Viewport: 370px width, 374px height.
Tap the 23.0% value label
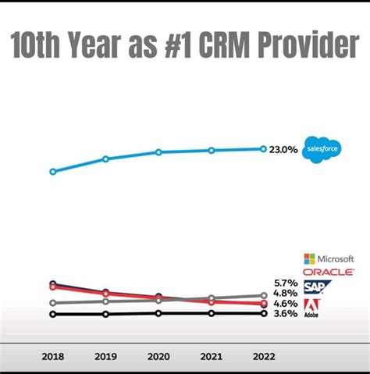(283, 149)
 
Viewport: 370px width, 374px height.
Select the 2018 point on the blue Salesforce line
(52, 171)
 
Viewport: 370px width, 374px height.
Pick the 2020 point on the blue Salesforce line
(158, 152)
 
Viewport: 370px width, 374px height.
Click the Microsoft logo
(329, 258)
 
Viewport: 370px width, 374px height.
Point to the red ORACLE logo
(329, 272)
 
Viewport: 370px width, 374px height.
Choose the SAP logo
(312, 287)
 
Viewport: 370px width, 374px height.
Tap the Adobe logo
(311, 308)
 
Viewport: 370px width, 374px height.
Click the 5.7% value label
(286, 283)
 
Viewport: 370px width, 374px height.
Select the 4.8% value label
(286, 293)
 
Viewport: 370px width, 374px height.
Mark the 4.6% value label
(286, 304)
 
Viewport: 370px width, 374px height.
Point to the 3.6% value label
(286, 314)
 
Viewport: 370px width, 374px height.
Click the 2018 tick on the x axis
(52, 356)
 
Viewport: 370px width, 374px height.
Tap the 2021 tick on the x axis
(211, 356)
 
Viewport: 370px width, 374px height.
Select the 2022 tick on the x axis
(264, 356)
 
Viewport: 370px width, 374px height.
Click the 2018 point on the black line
(52, 315)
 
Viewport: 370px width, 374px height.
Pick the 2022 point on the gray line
(264, 296)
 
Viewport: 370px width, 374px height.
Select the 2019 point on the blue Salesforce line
(105, 159)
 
